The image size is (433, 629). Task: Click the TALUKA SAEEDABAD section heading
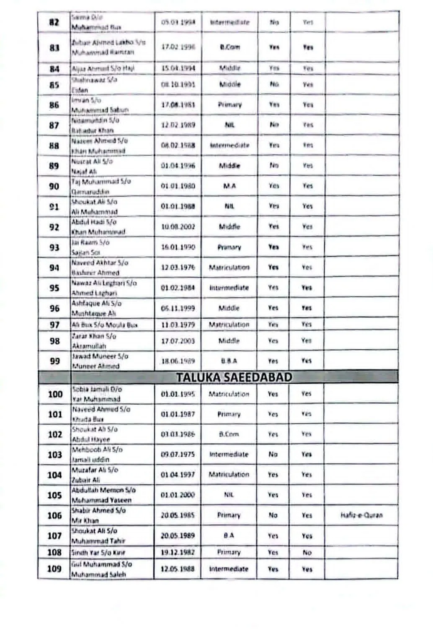[234, 377]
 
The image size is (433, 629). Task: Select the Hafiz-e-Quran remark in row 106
[361, 515]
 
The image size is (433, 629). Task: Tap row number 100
[55, 394]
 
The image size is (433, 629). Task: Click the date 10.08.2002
[178, 227]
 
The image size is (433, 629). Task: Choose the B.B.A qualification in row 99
[229, 361]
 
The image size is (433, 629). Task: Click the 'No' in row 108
[307, 553]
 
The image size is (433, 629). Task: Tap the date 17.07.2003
[178, 341]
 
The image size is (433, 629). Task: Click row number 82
[54, 22]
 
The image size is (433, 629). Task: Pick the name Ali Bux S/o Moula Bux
[105, 325]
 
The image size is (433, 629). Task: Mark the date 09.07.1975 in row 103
[178, 455]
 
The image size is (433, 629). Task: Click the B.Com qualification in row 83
[230, 47]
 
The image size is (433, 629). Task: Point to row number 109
[54, 569]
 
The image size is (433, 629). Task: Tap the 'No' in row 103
[273, 455]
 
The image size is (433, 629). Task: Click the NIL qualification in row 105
[229, 495]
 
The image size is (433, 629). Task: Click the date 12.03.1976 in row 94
[178, 268]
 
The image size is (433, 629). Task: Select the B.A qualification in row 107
[229, 535]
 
